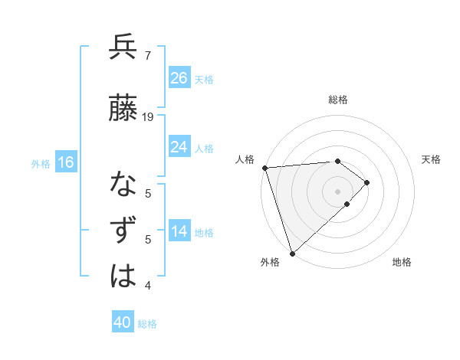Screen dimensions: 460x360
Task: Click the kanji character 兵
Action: click(x=123, y=47)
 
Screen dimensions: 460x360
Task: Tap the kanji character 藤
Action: click(x=123, y=108)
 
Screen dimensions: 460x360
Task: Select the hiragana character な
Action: click(x=123, y=185)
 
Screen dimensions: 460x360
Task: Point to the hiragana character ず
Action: click(x=123, y=231)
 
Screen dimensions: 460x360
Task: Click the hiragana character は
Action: click(x=123, y=277)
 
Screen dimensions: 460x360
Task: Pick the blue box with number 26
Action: click(x=179, y=78)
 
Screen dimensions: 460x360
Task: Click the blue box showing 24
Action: click(x=179, y=147)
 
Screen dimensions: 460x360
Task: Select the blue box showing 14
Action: click(x=179, y=232)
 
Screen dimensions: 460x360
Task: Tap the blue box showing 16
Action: click(x=66, y=162)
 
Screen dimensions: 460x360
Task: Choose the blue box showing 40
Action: click(x=123, y=322)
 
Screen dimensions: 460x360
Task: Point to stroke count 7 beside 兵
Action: click(x=148, y=55)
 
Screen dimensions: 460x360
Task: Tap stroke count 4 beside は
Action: click(x=148, y=286)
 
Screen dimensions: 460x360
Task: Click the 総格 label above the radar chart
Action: click(x=337, y=100)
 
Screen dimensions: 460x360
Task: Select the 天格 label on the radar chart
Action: click(x=431, y=159)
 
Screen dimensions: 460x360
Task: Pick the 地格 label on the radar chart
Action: click(x=402, y=262)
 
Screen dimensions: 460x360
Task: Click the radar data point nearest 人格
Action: click(x=264, y=168)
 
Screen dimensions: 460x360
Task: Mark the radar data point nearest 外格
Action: click(x=291, y=252)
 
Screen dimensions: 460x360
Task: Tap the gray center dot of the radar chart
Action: click(x=337, y=191)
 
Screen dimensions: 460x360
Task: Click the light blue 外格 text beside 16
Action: click(x=41, y=163)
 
